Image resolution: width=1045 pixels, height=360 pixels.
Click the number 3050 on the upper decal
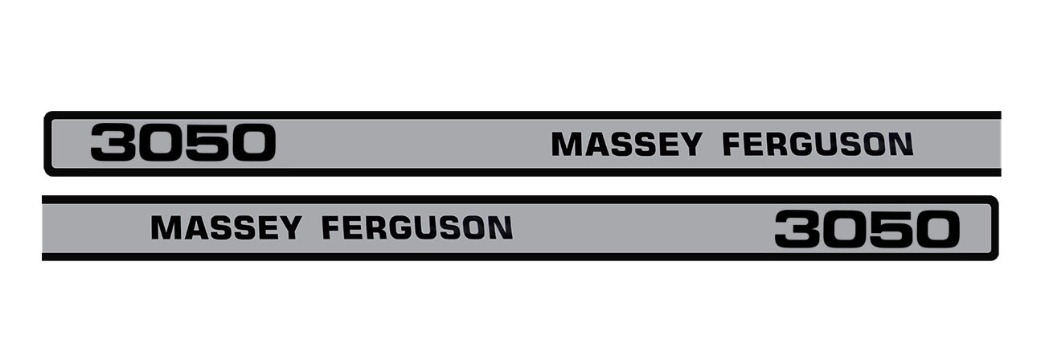click(x=183, y=143)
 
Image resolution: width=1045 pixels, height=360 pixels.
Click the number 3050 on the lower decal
click(x=867, y=229)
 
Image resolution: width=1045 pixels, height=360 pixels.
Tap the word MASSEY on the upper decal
click(x=626, y=144)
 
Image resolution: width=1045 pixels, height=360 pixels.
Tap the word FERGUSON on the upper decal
click(x=818, y=144)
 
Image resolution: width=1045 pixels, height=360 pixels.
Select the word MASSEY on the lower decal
click(x=226, y=228)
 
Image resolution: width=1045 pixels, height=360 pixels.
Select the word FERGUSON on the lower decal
click(x=417, y=228)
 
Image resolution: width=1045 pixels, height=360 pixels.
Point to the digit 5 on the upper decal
click(x=207, y=143)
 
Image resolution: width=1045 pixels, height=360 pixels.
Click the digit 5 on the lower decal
click(x=891, y=229)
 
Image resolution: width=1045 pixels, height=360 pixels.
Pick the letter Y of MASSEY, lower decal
click(x=289, y=228)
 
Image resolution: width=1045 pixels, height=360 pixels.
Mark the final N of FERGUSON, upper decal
click(x=902, y=144)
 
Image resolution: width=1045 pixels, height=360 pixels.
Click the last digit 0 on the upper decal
click(x=252, y=143)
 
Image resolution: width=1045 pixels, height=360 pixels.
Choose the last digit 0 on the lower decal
click(x=936, y=229)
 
